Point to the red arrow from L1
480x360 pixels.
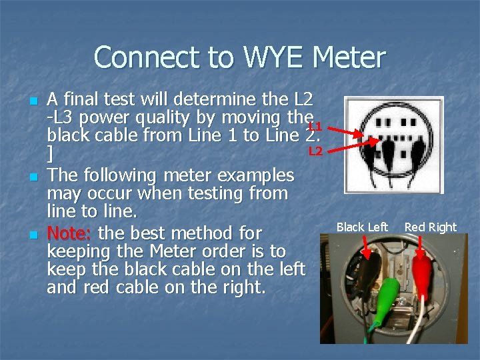pyautogui.click(x=345, y=133)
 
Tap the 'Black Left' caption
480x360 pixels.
pyautogui.click(x=362, y=227)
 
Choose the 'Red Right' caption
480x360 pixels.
pyautogui.click(x=430, y=227)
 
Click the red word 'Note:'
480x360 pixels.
pyautogui.click(x=70, y=234)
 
